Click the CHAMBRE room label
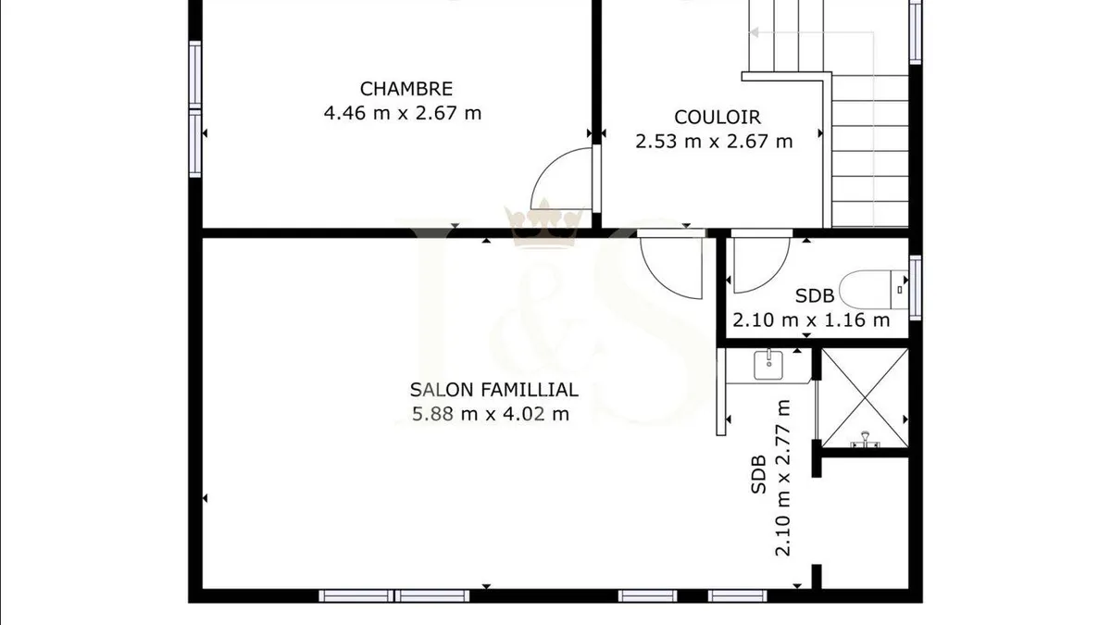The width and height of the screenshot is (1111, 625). [x=406, y=89]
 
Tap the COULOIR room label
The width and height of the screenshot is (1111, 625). [x=718, y=117]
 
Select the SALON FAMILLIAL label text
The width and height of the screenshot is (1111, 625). [x=494, y=390]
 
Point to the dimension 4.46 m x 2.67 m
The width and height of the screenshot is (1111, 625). [x=402, y=113]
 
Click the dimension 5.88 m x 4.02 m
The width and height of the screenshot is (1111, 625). [x=491, y=414]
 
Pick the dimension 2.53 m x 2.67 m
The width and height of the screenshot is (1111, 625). [x=714, y=142]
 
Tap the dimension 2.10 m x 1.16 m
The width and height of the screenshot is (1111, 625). [x=811, y=320]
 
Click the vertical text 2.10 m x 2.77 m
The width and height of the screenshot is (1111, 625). [x=782, y=478]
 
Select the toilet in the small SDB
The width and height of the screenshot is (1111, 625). [x=873, y=289]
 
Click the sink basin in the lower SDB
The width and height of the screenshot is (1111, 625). [x=768, y=365]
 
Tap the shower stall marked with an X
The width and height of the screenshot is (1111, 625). [x=865, y=398]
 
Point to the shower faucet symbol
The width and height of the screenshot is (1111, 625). [x=865, y=440]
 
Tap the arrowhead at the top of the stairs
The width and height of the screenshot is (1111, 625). [x=754, y=32]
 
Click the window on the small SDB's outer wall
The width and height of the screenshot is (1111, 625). [x=915, y=288]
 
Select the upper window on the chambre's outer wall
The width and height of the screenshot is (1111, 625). [x=195, y=74]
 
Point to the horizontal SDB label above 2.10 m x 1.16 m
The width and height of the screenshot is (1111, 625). [x=815, y=296]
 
